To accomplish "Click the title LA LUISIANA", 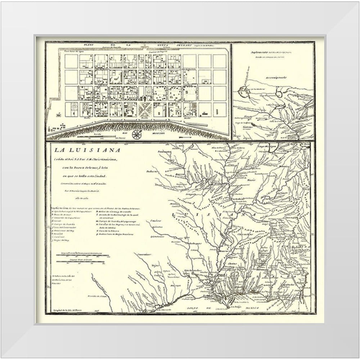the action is (x=85, y=150).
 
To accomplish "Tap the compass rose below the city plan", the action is (x=136, y=135).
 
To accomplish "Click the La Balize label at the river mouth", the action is (x=236, y=307).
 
